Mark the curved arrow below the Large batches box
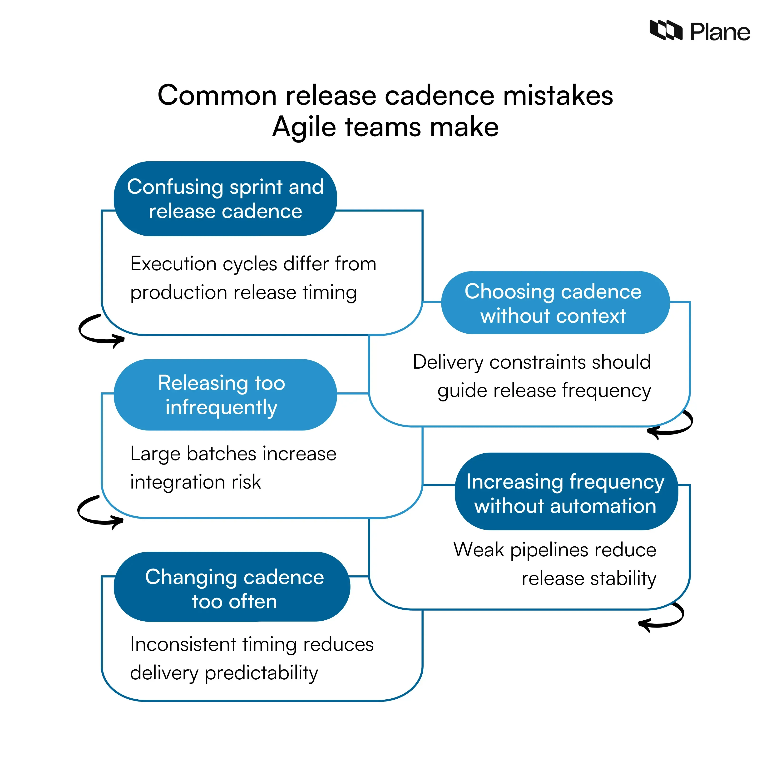click(99, 512)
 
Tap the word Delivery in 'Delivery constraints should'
click(448, 362)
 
